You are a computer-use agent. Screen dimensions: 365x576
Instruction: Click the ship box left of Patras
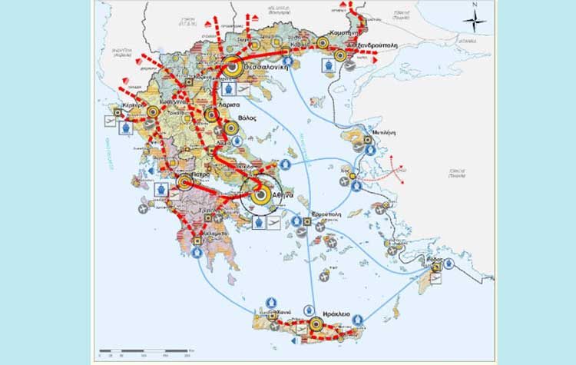(161, 189)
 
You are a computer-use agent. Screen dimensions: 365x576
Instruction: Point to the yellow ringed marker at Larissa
(212, 115)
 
